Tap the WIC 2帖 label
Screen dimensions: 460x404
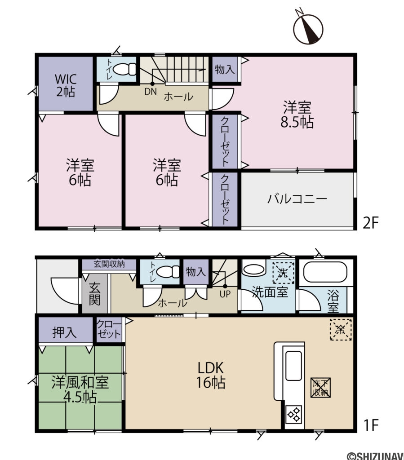[66, 85]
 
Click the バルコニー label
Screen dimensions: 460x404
[297, 199]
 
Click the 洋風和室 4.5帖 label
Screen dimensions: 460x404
[80, 389]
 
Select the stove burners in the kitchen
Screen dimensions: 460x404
[295, 414]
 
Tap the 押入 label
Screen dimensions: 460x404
[64, 332]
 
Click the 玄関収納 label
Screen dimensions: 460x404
[109, 265]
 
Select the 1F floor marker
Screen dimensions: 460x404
[372, 424]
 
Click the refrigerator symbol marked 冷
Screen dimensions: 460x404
[340, 329]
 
